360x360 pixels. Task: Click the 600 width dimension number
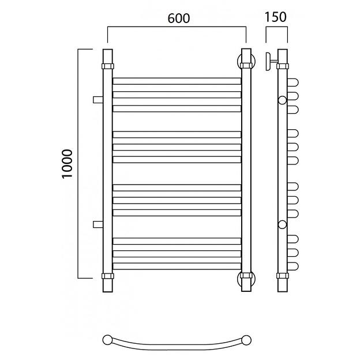coord(179,18)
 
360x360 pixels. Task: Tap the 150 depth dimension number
coord(276,17)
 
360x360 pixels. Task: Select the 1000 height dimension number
coord(67,164)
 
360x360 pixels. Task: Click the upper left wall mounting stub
coord(98,100)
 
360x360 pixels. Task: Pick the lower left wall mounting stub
coord(98,224)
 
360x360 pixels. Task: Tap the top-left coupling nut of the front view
coord(108,66)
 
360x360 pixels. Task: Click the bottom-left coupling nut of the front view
coord(108,276)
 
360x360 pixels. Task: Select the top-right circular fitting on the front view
coord(246,61)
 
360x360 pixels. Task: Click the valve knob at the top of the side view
coord(268,62)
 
